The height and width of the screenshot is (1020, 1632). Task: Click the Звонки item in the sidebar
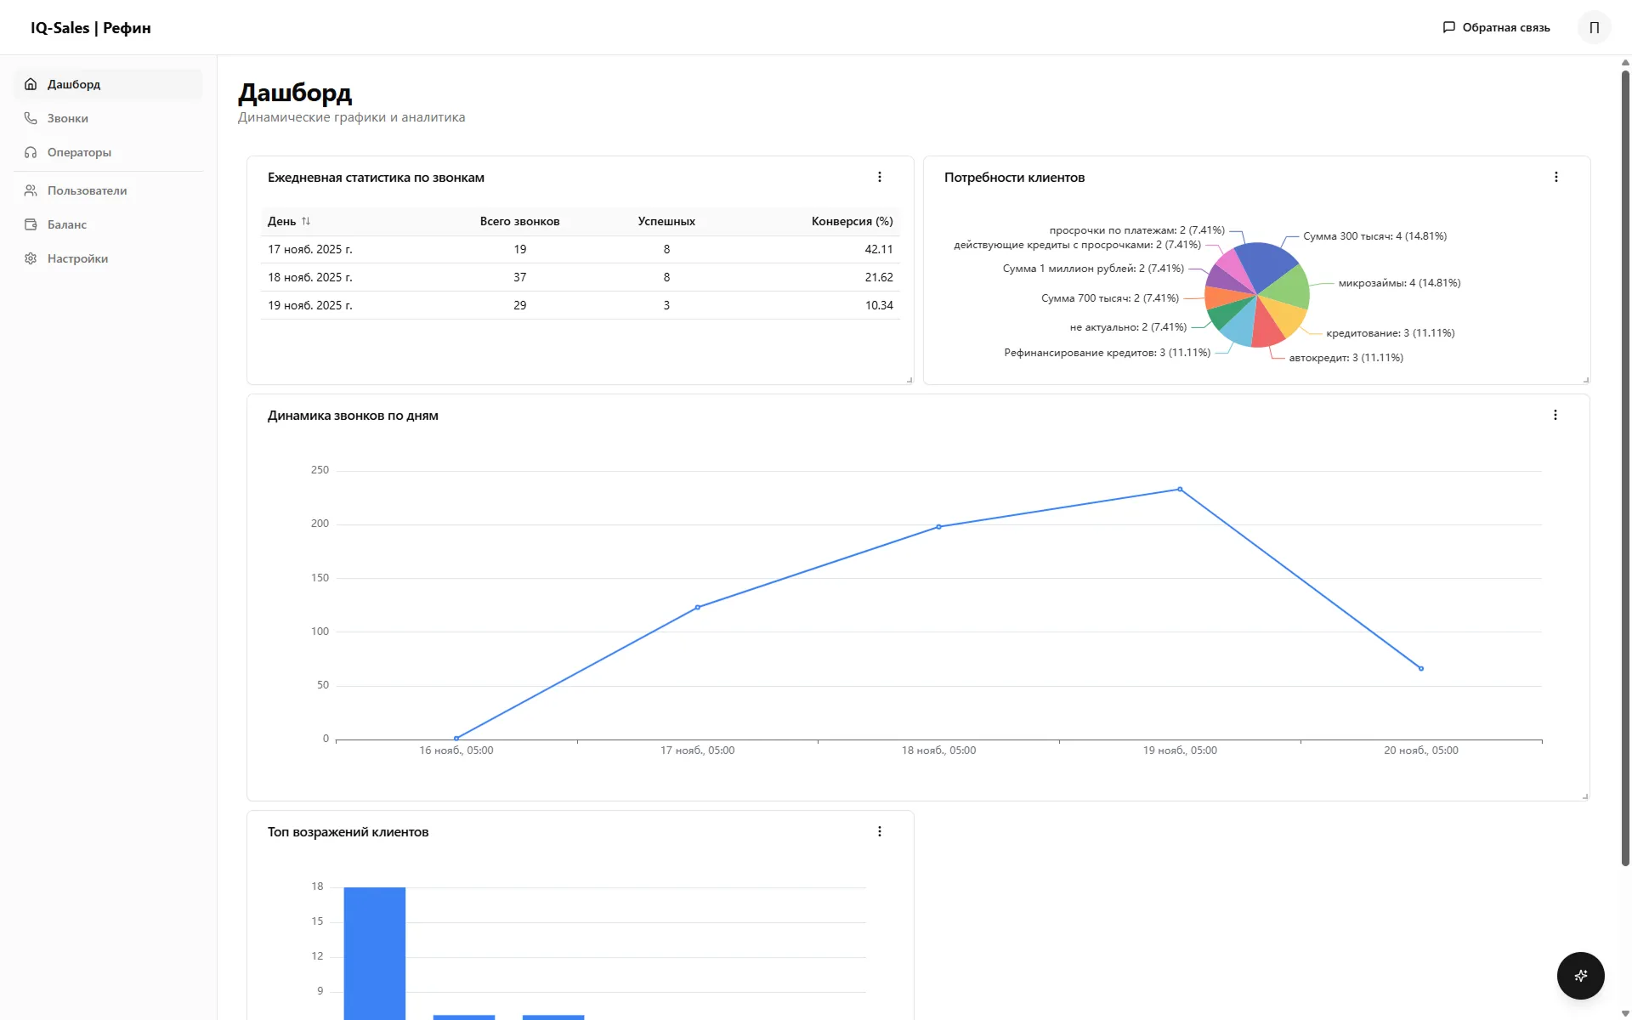(67, 118)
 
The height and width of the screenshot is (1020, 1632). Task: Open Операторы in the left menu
(79, 152)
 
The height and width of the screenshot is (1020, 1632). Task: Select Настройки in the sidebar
(77, 258)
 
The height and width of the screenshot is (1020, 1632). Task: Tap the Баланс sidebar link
(66, 224)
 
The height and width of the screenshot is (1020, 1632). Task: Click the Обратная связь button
(1496, 27)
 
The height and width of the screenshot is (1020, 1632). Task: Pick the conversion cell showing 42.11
(878, 249)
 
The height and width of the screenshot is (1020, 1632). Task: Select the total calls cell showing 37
(519, 277)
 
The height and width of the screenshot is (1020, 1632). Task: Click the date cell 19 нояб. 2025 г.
(309, 305)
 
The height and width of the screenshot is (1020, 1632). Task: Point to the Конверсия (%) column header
(852, 221)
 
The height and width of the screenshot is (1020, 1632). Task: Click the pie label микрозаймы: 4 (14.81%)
(1399, 283)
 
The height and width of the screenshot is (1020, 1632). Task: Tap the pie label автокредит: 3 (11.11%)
(1346, 358)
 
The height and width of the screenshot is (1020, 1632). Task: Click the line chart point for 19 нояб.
(1180, 490)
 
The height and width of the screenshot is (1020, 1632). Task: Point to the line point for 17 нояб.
(698, 607)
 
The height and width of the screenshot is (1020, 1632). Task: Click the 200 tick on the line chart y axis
(320, 524)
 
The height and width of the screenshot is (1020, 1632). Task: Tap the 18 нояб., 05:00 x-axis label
(938, 751)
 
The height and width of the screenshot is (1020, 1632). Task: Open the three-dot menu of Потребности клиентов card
(1555, 177)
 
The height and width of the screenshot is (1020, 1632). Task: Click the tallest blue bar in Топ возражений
(374, 952)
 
